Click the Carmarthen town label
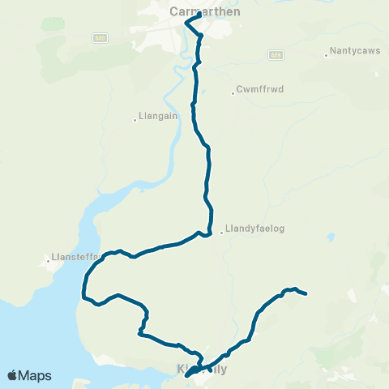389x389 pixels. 205,11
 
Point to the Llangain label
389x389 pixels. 157,117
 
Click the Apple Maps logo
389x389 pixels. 28,375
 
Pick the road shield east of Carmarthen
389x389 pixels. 276,53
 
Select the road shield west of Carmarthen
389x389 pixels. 99,37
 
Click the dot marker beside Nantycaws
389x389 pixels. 326,56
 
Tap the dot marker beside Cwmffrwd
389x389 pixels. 233,93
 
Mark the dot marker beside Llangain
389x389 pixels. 135,121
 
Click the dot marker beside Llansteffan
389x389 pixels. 48,261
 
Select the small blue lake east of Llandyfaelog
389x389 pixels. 331,238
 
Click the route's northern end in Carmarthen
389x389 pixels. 199,13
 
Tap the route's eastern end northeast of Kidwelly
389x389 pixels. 306,294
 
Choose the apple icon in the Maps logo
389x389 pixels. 12,375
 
